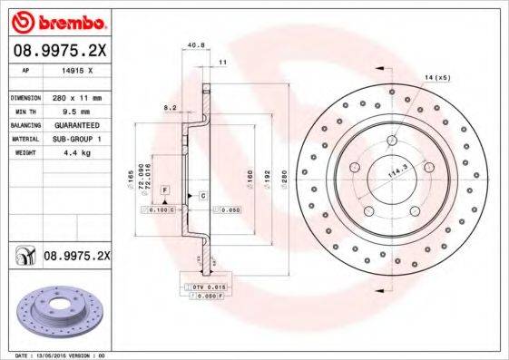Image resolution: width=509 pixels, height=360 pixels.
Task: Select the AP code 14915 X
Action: pos(76,69)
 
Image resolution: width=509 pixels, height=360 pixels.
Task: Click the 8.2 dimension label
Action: pos(169,108)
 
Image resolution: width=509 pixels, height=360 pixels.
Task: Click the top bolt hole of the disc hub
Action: pos(393,141)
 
